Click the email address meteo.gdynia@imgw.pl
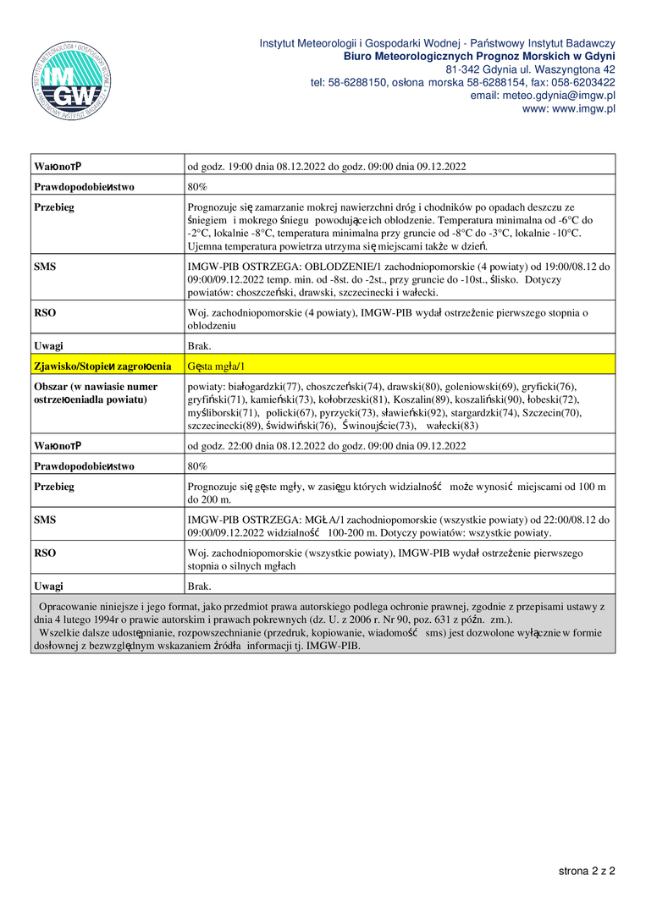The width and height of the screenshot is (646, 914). (x=543, y=96)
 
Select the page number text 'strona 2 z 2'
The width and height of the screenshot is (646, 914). (x=586, y=870)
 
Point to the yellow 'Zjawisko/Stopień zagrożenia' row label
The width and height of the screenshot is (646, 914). (x=102, y=366)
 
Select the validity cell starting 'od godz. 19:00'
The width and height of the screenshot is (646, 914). (x=327, y=166)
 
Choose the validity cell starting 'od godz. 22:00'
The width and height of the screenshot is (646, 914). (x=327, y=445)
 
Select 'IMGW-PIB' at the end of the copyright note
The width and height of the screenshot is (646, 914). (x=336, y=646)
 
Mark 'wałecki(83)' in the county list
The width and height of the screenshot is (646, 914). (x=452, y=426)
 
